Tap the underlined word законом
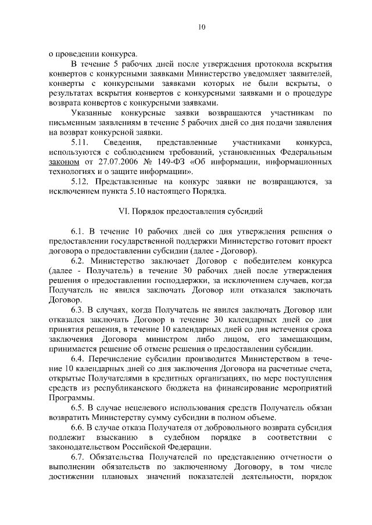[64, 162]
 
